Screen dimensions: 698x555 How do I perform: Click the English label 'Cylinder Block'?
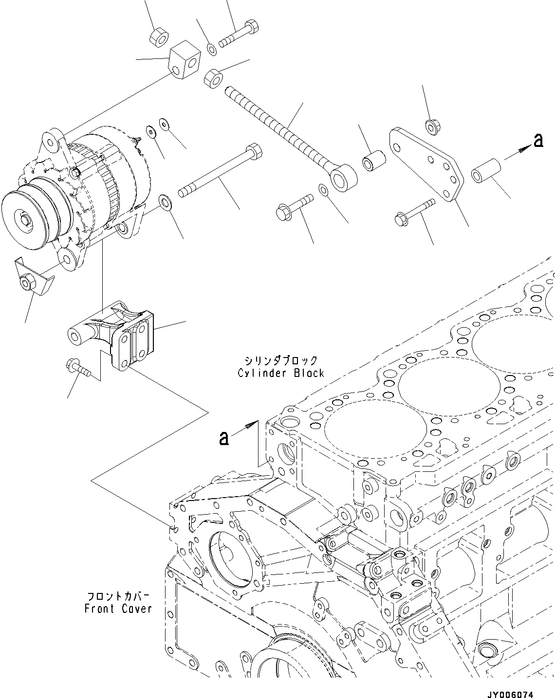(x=281, y=373)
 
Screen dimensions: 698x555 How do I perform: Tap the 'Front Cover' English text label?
(x=118, y=608)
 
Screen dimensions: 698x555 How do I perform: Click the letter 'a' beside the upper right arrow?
(x=538, y=141)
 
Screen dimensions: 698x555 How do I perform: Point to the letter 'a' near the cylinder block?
(x=223, y=438)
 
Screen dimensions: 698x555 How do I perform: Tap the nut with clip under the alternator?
(x=28, y=282)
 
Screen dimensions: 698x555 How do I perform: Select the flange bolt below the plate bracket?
(x=411, y=214)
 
